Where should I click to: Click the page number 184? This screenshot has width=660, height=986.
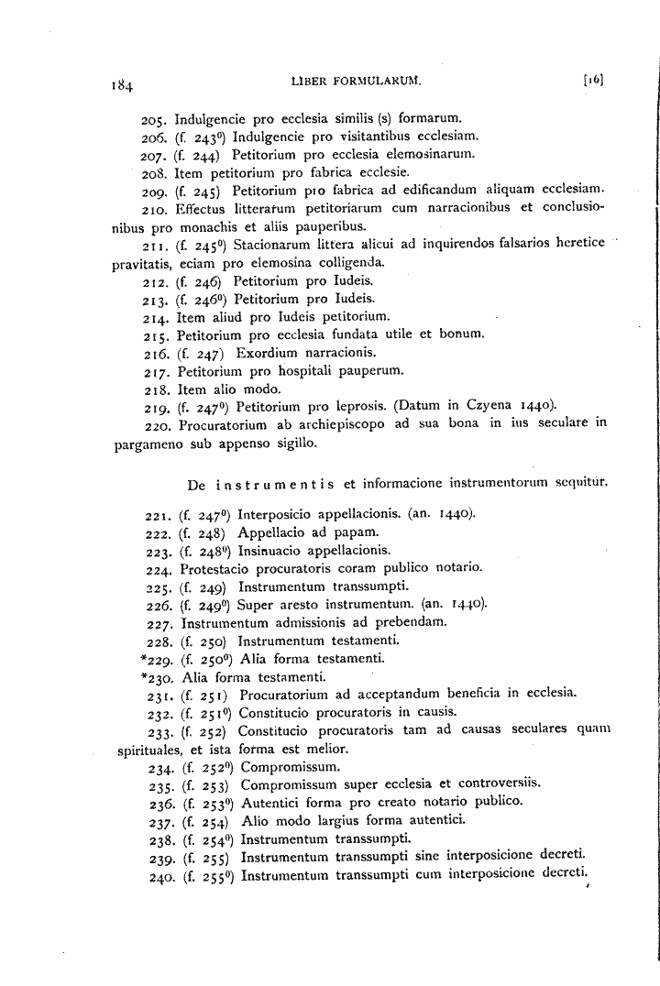(x=120, y=87)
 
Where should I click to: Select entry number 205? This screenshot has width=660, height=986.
(x=157, y=118)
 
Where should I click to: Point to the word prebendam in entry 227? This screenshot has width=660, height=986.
(x=412, y=623)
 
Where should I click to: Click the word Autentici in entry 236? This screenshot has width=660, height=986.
(x=271, y=801)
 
